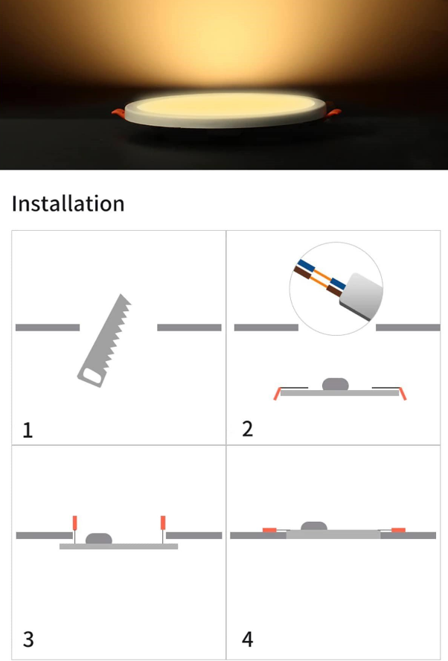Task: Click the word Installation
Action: tap(68, 204)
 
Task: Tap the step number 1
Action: tap(28, 430)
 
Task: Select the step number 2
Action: tap(248, 429)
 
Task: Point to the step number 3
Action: tap(28, 639)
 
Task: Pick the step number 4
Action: tap(247, 639)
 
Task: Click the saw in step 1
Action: tap(104, 340)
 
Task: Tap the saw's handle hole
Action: tap(92, 376)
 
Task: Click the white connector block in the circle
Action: tap(361, 296)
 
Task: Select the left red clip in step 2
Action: tap(277, 393)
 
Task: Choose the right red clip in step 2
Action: tap(403, 393)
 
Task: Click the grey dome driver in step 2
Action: tap(336, 384)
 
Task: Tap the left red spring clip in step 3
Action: tap(75, 523)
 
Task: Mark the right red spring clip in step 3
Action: tap(163, 523)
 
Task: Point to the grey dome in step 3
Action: tap(99, 539)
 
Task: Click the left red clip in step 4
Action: tap(269, 530)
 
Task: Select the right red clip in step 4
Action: tap(398, 530)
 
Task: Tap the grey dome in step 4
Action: tap(314, 526)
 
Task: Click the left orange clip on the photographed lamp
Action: tap(118, 113)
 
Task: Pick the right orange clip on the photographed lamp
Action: tap(334, 113)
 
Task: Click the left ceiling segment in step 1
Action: tap(48, 328)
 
